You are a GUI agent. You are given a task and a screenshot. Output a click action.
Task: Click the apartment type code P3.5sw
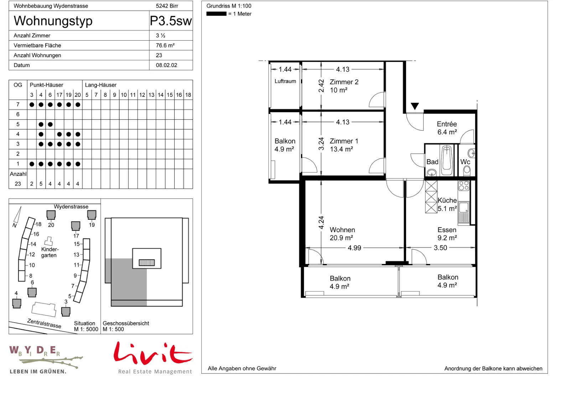pos(171,21)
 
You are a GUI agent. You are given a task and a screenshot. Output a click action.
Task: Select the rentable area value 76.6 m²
pos(165,46)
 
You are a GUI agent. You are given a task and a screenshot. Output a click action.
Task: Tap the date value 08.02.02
pos(166,65)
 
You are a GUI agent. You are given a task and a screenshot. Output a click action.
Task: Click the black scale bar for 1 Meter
pos(216,14)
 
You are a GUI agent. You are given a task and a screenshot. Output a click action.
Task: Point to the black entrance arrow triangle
pos(415,106)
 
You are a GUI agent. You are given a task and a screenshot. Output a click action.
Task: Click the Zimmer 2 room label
pos(344,86)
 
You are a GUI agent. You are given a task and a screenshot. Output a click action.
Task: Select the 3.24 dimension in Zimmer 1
pos(321,144)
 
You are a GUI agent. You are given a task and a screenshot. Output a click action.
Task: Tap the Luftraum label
pos(285,82)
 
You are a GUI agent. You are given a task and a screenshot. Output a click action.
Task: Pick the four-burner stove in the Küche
pos(463,186)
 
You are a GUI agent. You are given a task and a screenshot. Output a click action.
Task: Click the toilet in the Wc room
pos(467,171)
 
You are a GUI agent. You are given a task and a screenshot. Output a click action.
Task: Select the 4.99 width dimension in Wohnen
pos(354,248)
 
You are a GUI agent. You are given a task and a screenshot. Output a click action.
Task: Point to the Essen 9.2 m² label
pos(447,234)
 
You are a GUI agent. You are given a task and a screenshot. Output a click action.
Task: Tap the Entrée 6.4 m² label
pos(447,128)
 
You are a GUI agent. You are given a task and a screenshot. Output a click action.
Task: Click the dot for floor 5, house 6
pos(50,124)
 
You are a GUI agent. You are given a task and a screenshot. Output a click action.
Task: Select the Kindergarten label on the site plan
pos(50,252)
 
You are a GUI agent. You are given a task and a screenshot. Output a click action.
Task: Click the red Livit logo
pos(153,354)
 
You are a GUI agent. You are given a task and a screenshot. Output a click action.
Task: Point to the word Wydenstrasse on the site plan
pos(71,207)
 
